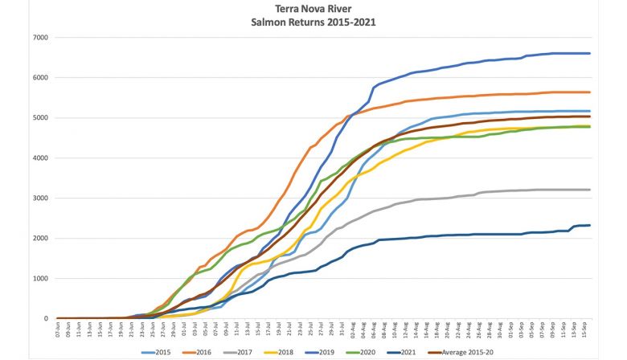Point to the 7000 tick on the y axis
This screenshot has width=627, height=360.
click(39, 38)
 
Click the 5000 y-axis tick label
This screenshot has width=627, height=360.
click(39, 118)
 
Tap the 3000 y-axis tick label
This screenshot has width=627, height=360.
click(39, 198)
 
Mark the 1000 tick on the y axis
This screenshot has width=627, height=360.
click(39, 279)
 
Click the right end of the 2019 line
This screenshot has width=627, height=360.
click(591, 54)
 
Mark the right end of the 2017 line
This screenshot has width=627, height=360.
click(591, 190)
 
